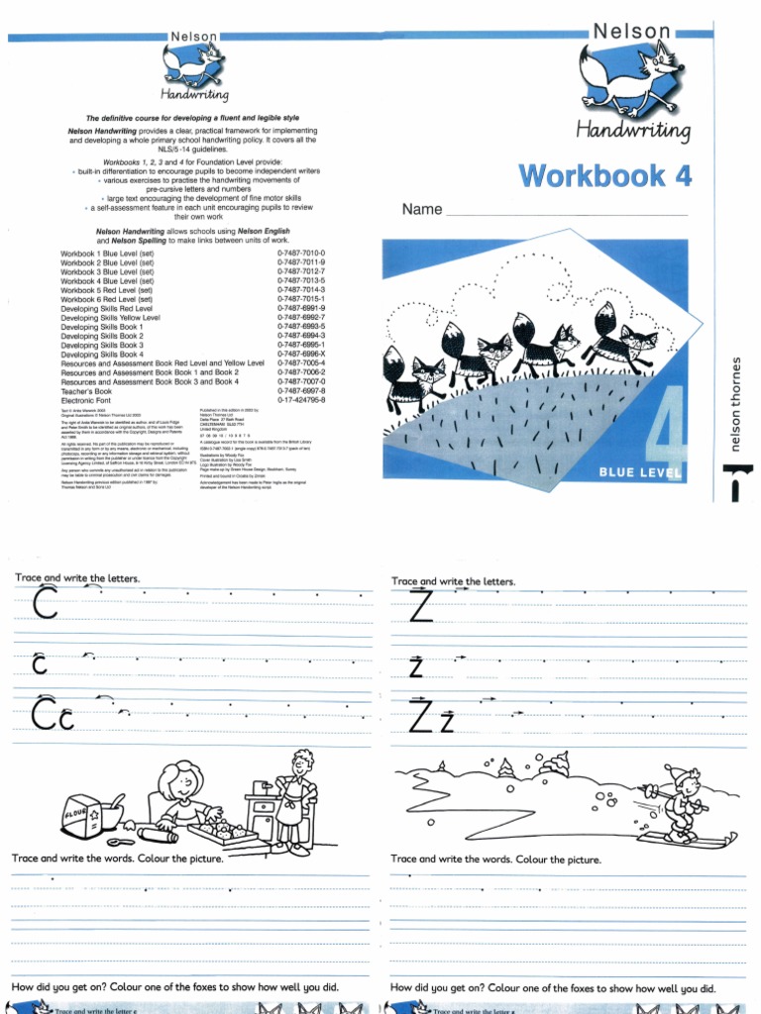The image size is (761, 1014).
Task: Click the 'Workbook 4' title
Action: [605, 176]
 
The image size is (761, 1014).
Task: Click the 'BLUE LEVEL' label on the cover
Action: [640, 473]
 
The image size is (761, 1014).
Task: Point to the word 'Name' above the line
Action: [421, 210]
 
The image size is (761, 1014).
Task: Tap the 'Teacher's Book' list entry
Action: [88, 391]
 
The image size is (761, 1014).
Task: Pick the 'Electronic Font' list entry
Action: [91, 400]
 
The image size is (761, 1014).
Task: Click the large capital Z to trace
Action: [421, 605]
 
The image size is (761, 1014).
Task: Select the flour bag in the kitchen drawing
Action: [80, 816]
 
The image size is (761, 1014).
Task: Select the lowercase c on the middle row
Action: [40, 665]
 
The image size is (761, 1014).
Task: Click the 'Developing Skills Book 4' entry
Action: [102, 355]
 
